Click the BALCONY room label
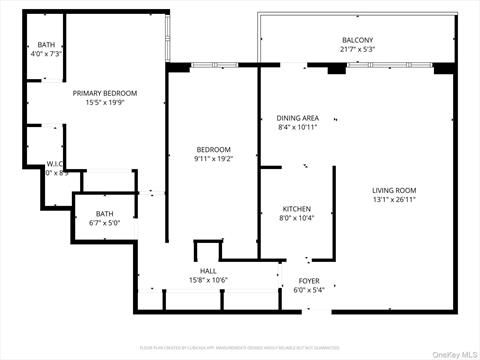tap(274, 40)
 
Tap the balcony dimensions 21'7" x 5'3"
tap(274, 49)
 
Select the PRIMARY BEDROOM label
tap(105, 93)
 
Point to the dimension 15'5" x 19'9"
tap(105, 102)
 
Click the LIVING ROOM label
tap(394, 189)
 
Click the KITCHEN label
tap(297, 208)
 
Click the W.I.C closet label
tap(55, 164)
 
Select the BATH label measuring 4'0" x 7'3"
tap(46, 44)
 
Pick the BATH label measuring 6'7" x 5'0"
tap(105, 213)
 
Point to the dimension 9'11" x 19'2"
tap(213, 158)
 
